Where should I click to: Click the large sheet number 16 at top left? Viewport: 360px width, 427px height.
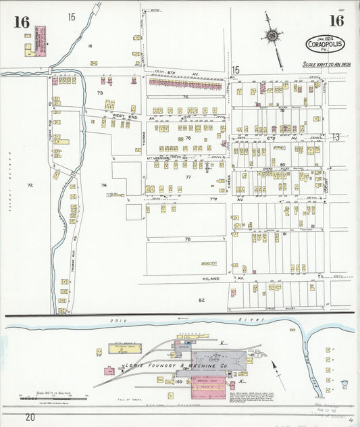coord(22,22)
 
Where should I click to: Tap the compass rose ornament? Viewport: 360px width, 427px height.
coord(272,35)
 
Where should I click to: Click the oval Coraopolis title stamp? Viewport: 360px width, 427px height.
coord(326,44)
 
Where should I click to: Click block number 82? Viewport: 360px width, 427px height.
coord(201,299)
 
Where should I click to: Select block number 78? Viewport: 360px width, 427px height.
coord(188,240)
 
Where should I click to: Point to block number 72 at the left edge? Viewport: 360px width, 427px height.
coord(30,184)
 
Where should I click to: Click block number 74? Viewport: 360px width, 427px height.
coord(103,184)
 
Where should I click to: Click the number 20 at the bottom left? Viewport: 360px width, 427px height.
coord(30,418)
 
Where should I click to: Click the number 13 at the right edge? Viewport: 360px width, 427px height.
coord(336,137)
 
